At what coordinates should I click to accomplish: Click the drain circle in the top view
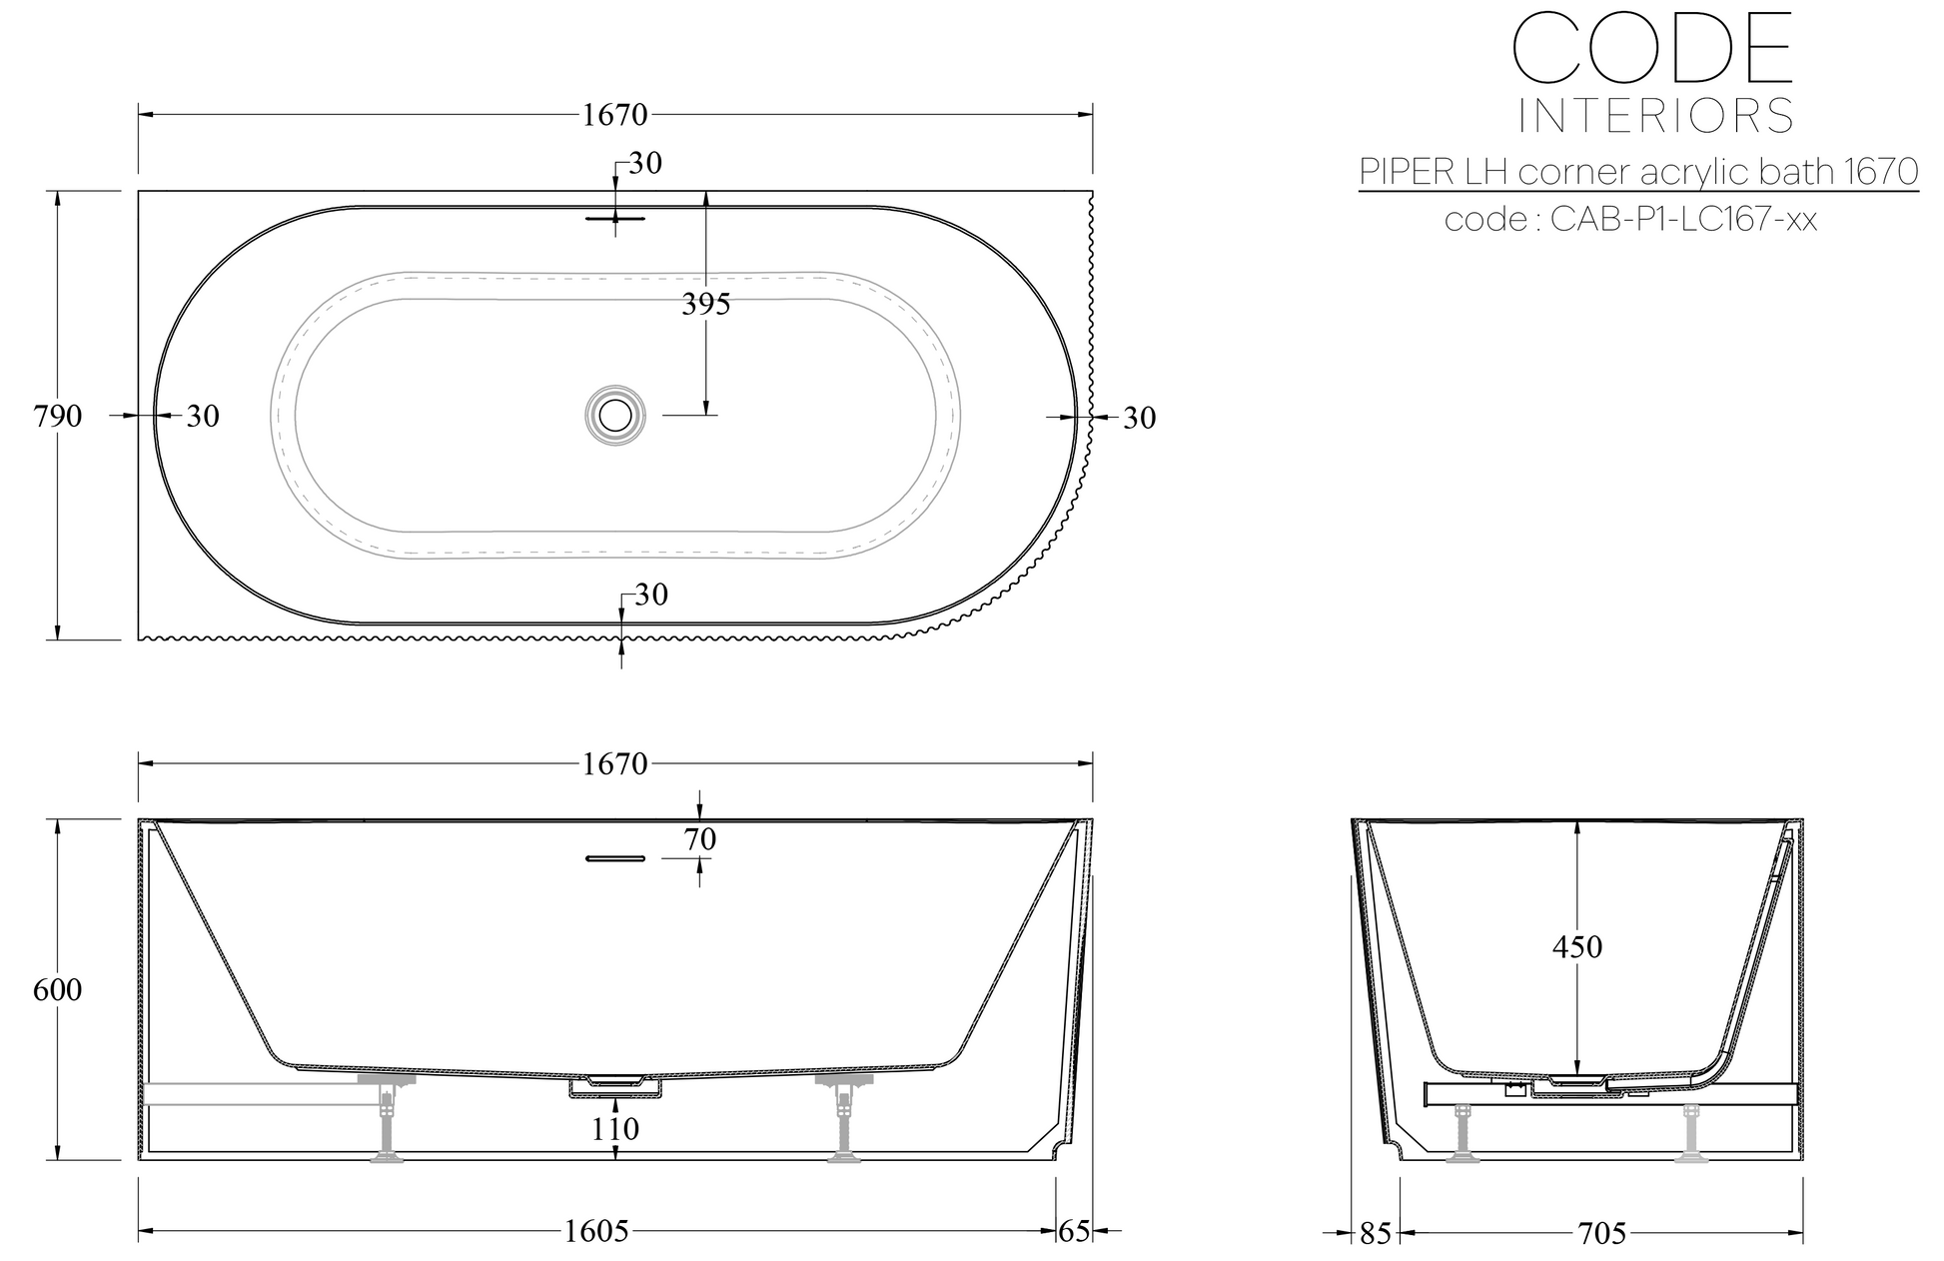pos(615,414)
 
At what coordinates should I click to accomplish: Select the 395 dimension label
pos(706,304)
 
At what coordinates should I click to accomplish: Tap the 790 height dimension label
pos(58,416)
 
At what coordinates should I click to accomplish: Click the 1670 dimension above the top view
pos(615,115)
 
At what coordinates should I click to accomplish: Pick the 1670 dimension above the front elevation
pos(615,763)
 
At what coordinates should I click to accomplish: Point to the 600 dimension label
pos(58,990)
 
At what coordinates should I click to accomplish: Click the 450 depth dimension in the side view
pos(1577,946)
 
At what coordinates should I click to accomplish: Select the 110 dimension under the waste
pos(615,1129)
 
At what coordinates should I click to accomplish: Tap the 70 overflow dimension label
pos(700,840)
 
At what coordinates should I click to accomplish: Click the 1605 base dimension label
pos(597,1231)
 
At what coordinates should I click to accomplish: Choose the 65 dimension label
pos(1074,1231)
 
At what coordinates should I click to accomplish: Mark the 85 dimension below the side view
pos(1376,1234)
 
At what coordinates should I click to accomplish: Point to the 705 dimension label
pos(1603,1234)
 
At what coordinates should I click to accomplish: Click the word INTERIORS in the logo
pos(1655,116)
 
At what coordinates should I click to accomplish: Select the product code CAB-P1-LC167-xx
pos(1684,219)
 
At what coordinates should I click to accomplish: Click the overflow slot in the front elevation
pos(615,857)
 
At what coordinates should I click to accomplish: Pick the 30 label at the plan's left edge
pos(203,416)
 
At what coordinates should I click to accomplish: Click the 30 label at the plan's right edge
pos(1140,418)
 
